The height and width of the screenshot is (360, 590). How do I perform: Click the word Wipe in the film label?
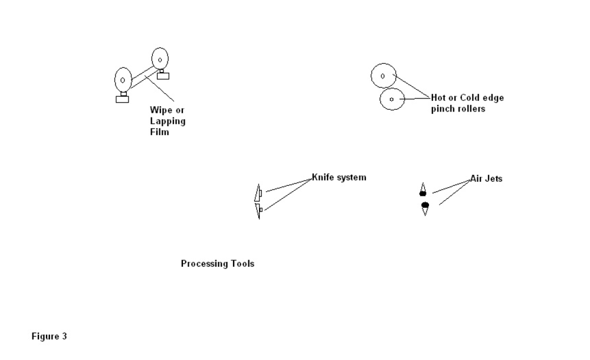(160, 110)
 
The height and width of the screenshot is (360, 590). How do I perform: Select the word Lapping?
(168, 121)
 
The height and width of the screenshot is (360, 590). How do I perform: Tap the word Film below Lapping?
(159, 132)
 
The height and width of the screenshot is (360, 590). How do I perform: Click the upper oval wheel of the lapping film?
(160, 58)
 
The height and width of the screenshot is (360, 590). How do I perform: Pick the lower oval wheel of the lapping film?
(123, 79)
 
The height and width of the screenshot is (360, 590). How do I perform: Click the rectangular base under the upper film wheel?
(162, 76)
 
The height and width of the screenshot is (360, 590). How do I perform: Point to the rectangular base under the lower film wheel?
(122, 99)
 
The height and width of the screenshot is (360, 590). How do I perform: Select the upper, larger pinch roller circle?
(382, 76)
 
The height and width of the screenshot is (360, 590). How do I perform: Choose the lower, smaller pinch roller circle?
(391, 99)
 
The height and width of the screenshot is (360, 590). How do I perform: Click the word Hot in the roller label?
(438, 98)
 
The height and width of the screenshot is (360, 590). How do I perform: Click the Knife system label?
(339, 177)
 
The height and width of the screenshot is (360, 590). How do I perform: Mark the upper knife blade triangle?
(257, 193)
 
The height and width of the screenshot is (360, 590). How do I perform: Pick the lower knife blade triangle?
(258, 211)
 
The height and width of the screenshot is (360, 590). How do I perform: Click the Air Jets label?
(486, 178)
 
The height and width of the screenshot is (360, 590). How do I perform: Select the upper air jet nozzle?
(422, 190)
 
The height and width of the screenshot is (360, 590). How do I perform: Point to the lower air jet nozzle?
(425, 208)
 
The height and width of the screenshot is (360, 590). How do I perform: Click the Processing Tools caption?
(217, 264)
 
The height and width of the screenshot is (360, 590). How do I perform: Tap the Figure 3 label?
(49, 336)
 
